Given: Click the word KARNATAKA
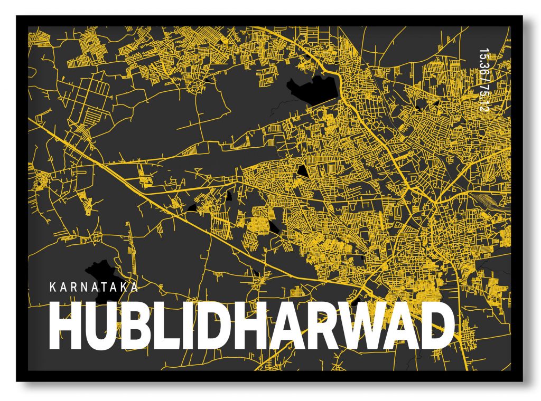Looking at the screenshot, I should (94, 288).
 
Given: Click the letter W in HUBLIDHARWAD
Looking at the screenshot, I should (358, 326).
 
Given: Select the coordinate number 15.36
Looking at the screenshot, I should (482, 60).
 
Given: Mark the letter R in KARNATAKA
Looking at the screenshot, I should (72, 288).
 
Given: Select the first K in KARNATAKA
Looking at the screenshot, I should (51, 288).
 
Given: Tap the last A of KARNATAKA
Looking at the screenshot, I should (135, 288).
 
